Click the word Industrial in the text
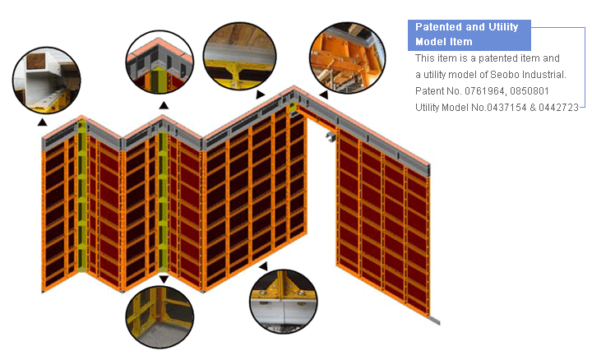pos(542,74)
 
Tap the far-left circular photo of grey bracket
pos(46,80)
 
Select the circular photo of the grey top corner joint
pos(160,62)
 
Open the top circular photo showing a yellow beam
pos(240,56)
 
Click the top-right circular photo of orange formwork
pos(347,58)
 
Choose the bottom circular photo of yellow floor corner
pos(160,317)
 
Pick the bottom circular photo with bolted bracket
pos(284,301)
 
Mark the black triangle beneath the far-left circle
pos(42,122)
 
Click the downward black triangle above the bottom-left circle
pos(164,279)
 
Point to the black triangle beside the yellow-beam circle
pos(260,95)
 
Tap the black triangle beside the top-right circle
pos(324,95)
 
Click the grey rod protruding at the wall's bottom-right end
pos(435,321)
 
